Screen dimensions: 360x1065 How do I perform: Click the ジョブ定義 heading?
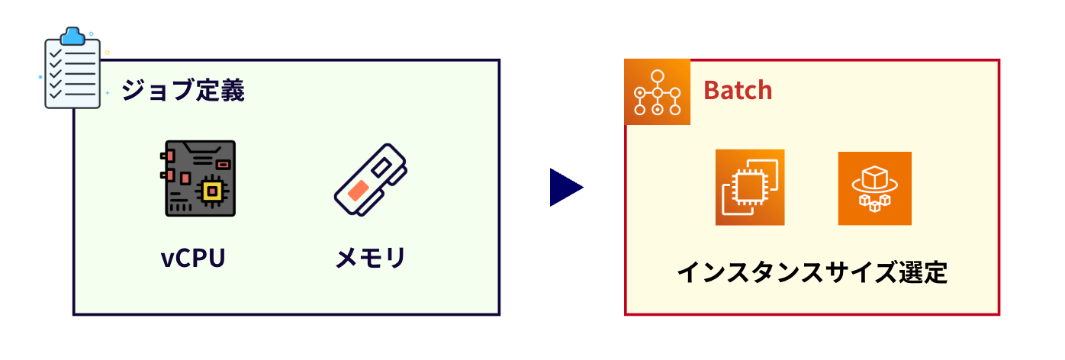(x=183, y=91)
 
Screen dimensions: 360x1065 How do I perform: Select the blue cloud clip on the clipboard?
(x=73, y=35)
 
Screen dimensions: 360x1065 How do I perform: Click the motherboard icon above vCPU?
(x=200, y=178)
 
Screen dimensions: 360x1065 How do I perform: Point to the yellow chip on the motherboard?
(x=211, y=191)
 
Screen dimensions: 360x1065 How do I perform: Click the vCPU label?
(x=193, y=258)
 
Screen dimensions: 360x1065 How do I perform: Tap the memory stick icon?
(x=370, y=180)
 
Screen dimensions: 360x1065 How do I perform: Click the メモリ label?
(x=370, y=258)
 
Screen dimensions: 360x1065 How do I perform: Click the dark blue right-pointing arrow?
(x=565, y=188)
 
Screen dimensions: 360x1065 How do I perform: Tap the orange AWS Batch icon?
(x=657, y=92)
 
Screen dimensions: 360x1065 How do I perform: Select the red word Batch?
(x=738, y=90)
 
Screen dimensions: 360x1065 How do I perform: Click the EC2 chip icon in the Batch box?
(x=749, y=187)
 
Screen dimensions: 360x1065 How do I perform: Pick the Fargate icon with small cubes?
(x=874, y=188)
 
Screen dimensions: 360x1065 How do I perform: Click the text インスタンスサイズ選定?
(x=812, y=272)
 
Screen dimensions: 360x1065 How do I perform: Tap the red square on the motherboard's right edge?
(x=223, y=165)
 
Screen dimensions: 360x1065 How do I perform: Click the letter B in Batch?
(x=711, y=91)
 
